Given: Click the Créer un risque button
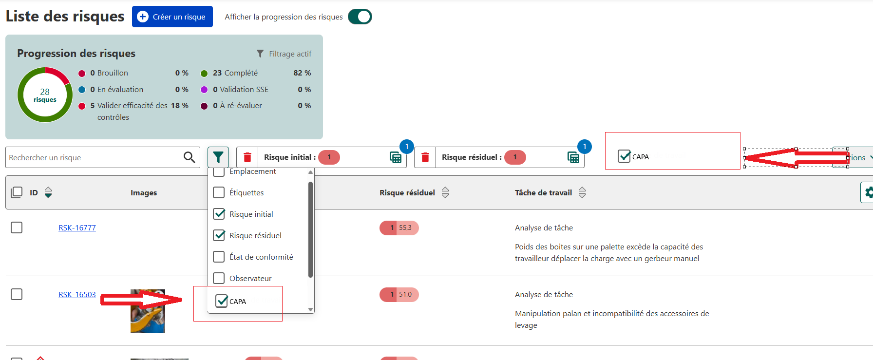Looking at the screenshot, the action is (x=172, y=17).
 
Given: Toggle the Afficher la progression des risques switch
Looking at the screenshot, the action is (x=360, y=17).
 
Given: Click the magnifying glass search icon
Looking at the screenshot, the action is (x=189, y=157).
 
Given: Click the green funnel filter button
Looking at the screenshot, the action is (x=218, y=157).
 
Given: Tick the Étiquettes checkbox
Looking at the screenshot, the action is (x=219, y=193).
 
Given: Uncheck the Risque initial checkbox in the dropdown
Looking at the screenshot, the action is (x=219, y=214).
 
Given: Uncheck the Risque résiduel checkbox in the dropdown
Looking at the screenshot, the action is (x=219, y=236).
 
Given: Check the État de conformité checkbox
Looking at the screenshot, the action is (x=219, y=257).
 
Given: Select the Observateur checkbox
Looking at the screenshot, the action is (x=219, y=278).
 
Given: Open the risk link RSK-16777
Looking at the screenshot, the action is (x=77, y=228).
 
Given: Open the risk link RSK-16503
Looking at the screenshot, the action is (x=77, y=295).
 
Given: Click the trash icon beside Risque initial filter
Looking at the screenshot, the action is (x=247, y=157).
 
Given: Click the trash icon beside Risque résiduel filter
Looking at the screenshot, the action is (x=425, y=157).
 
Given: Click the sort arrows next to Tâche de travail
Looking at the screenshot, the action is (x=582, y=193).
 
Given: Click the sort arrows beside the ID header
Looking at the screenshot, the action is (x=48, y=193).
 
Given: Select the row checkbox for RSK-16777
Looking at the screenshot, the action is (x=17, y=227).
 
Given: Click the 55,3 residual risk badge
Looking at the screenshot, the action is (x=399, y=228).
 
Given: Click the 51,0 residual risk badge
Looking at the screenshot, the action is (x=399, y=295).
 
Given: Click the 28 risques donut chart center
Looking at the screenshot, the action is (x=45, y=95).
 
